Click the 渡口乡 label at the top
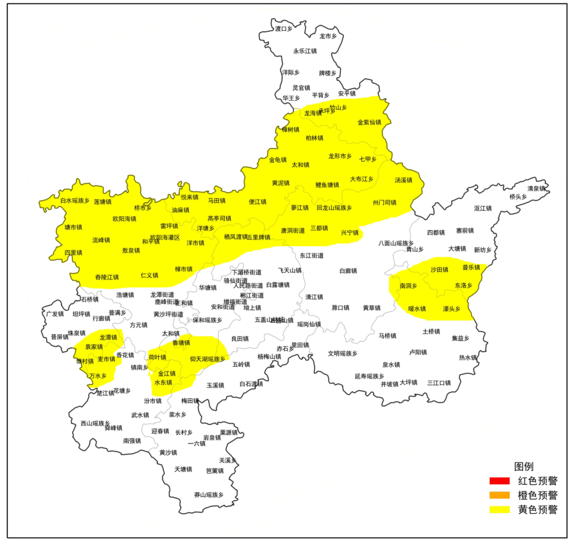[x=284, y=29]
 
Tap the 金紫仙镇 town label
[x=369, y=122]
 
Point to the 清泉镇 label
[x=536, y=188]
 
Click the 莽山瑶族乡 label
[x=209, y=494]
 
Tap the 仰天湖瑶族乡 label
[x=208, y=359]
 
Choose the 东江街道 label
[x=311, y=256]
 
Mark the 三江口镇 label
[x=439, y=382]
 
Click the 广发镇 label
[x=55, y=314]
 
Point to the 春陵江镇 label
[x=107, y=277]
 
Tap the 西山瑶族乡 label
[x=95, y=423]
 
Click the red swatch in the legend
[x=499, y=481]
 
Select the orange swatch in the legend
[x=499, y=496]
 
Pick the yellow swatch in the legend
[x=499, y=510]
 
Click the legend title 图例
[x=524, y=466]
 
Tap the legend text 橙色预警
[x=537, y=496]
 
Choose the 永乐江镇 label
[x=305, y=51]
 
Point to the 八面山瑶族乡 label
[x=396, y=243]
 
